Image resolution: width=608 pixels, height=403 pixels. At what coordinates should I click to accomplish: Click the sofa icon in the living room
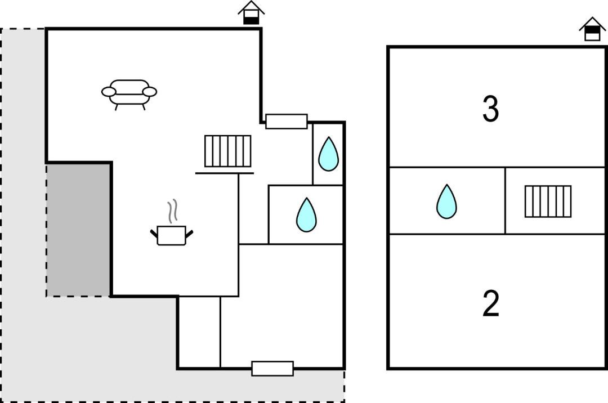[129, 93]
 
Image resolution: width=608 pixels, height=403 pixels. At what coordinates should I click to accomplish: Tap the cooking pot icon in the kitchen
[171, 235]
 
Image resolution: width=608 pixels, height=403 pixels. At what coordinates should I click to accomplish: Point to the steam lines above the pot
[174, 211]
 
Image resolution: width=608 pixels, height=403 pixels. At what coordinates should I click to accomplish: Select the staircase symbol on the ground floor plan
[227, 151]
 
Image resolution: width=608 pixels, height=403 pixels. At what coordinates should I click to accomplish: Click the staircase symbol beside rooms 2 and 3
[548, 201]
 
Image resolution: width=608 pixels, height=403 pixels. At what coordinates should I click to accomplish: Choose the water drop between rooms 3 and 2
[446, 201]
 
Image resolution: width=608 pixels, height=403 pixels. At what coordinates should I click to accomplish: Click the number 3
[490, 110]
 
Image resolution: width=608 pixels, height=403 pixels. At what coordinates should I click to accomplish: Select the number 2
[491, 305]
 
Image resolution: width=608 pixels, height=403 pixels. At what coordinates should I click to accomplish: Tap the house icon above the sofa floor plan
[251, 12]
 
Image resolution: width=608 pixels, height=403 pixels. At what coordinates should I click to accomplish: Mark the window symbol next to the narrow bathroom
[286, 121]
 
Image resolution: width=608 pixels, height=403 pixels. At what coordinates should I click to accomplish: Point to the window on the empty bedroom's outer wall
[272, 368]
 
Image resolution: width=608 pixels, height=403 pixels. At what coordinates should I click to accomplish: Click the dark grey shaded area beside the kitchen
[78, 229]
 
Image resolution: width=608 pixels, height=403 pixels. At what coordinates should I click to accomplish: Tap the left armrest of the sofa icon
[109, 91]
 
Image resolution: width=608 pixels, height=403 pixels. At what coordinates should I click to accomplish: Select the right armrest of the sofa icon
[150, 91]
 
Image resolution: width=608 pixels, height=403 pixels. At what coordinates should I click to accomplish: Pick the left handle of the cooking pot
[154, 232]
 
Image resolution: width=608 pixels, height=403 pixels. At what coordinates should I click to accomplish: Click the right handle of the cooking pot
[189, 232]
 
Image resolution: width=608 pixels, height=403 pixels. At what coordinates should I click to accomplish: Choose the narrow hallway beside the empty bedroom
[199, 332]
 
